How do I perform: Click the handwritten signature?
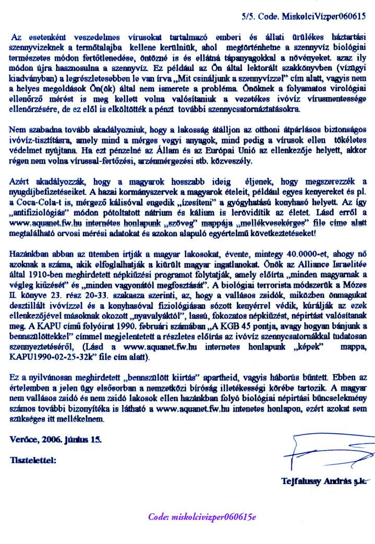[321, 454]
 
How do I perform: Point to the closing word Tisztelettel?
[33, 460]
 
